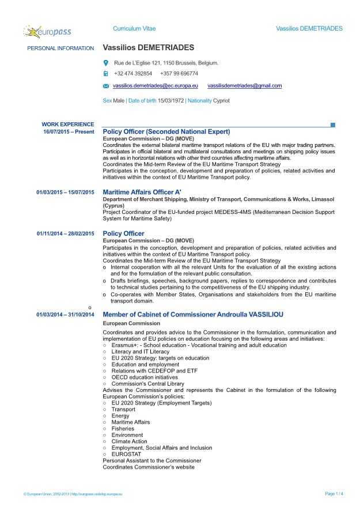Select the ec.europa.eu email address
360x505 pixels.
click(x=156, y=85)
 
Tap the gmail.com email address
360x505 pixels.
click(x=244, y=85)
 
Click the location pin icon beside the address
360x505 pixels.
click(x=105, y=63)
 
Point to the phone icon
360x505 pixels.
click(x=105, y=74)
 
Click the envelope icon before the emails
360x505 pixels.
click(x=105, y=86)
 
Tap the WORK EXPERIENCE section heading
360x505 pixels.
click(x=68, y=124)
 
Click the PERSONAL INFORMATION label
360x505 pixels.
click(x=60, y=48)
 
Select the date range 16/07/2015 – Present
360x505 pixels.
click(x=69, y=132)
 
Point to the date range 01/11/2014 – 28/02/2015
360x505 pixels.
click(x=65, y=233)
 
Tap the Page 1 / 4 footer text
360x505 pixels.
click(x=334, y=493)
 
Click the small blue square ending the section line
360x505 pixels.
click(x=333, y=125)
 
